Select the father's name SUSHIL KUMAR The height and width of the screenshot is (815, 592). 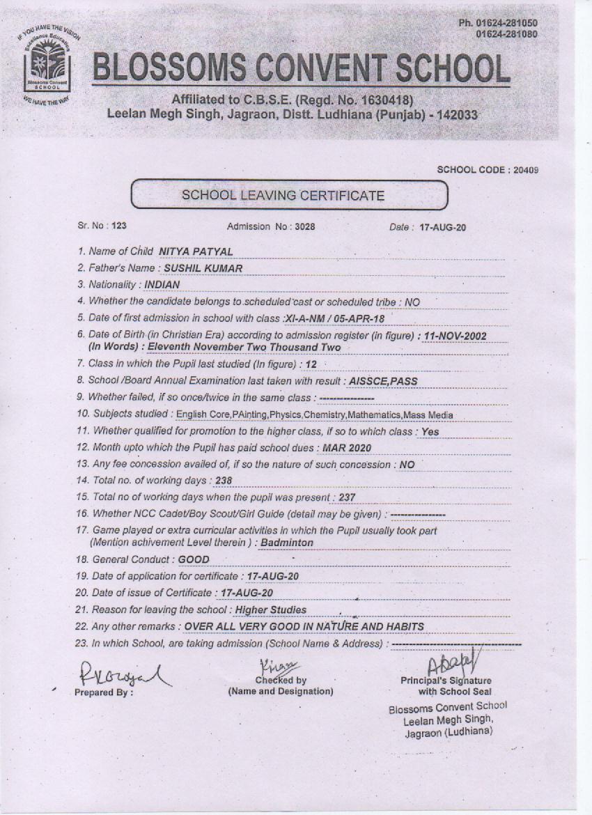click(x=203, y=267)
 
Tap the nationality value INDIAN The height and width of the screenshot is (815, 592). click(x=162, y=284)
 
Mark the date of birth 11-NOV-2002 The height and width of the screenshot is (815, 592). click(x=455, y=336)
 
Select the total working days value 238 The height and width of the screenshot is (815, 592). click(x=224, y=481)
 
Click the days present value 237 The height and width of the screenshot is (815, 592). click(x=347, y=497)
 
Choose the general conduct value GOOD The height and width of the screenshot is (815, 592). click(x=194, y=559)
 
